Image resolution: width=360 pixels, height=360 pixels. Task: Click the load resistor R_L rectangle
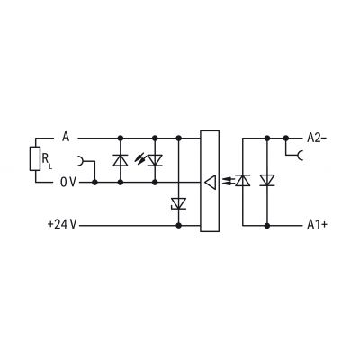pyautogui.click(x=35, y=159)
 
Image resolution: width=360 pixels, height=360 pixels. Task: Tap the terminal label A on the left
pyautogui.click(x=66, y=138)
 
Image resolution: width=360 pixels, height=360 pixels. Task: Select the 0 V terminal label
pyautogui.click(x=68, y=182)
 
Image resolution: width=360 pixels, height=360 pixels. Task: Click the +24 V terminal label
pyautogui.click(x=62, y=224)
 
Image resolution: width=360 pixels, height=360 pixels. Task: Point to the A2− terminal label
pyautogui.click(x=317, y=138)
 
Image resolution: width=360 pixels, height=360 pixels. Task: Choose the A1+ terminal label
pyautogui.click(x=317, y=225)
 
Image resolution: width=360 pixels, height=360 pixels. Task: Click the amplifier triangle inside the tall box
pyautogui.click(x=210, y=182)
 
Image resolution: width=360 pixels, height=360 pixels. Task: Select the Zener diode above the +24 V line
pyautogui.click(x=178, y=203)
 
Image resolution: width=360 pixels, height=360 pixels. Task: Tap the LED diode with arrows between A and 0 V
pyautogui.click(x=155, y=160)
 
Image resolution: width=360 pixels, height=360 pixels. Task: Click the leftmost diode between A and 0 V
pyautogui.click(x=121, y=160)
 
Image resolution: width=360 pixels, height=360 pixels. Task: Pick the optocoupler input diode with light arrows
pyautogui.click(x=242, y=180)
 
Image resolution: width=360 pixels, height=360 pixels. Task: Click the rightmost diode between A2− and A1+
pyautogui.click(x=267, y=180)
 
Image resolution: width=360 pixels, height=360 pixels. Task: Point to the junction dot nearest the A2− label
pyautogui.click(x=286, y=139)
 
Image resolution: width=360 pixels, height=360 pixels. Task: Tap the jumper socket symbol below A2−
pyautogui.click(x=299, y=156)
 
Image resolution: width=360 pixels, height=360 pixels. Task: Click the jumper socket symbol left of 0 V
pyautogui.click(x=80, y=161)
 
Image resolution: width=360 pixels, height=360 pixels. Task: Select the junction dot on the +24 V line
pyautogui.click(x=179, y=225)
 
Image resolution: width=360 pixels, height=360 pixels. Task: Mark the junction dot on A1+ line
pyautogui.click(x=267, y=225)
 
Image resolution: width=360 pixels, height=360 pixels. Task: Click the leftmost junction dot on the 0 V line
pyautogui.click(x=94, y=182)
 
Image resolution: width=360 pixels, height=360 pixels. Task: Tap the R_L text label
pyautogui.click(x=47, y=160)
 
